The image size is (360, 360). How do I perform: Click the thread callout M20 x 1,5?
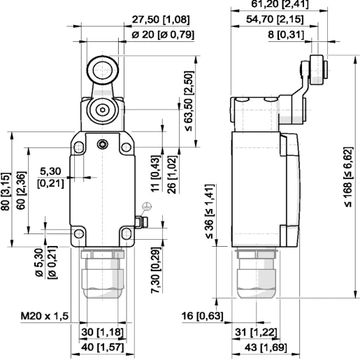pyautogui.click(x=43, y=317)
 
